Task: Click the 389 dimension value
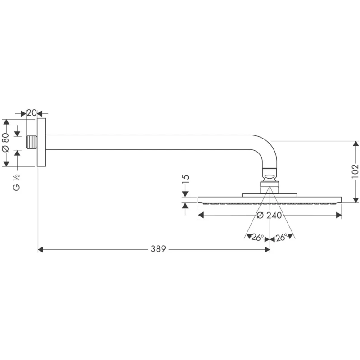158,249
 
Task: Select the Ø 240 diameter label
269,216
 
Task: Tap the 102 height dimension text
355,171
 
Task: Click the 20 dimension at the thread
31,113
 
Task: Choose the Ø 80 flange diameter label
5,143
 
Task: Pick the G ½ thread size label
16,182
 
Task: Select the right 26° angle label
282,237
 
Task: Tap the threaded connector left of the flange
31,142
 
